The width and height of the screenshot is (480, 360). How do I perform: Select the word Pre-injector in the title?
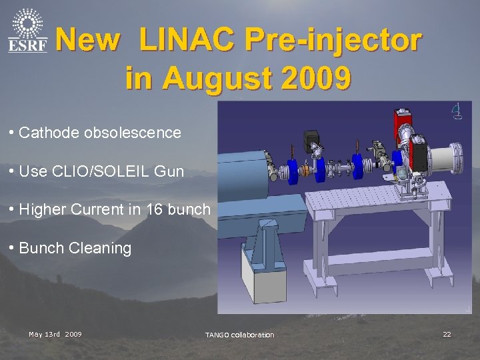(x=333, y=41)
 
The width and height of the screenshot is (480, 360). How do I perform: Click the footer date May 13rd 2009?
(x=55, y=334)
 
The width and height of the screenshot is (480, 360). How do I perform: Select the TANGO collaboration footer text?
(x=239, y=335)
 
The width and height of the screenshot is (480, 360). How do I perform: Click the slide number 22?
(x=447, y=334)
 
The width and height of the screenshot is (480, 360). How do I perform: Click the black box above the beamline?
(x=312, y=141)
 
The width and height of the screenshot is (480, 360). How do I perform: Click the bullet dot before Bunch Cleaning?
(x=13, y=248)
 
